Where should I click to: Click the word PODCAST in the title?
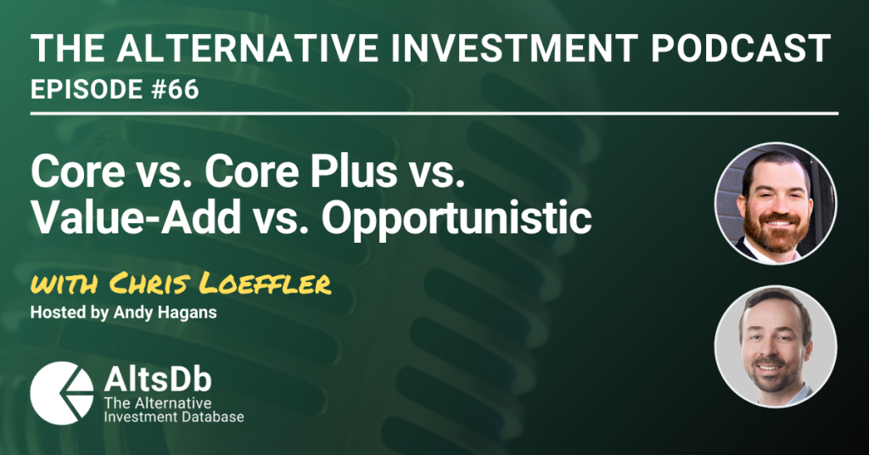(x=740, y=48)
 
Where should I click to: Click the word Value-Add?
(x=136, y=218)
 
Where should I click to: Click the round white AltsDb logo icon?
(x=62, y=393)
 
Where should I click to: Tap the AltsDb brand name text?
(x=158, y=379)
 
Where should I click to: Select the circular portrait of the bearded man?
(x=776, y=203)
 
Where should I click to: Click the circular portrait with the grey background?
(x=776, y=346)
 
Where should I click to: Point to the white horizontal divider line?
(x=434, y=114)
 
